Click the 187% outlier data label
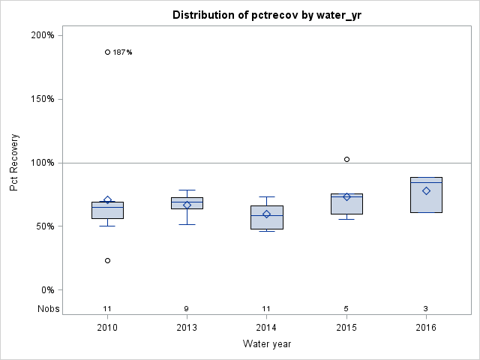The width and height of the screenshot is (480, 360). click(x=122, y=52)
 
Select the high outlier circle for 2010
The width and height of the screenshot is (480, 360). click(x=107, y=52)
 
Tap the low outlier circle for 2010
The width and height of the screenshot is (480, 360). click(x=107, y=260)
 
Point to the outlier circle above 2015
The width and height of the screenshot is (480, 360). click(x=346, y=159)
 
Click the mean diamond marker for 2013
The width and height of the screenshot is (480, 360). click(x=187, y=205)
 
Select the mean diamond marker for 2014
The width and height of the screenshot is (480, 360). click(x=266, y=214)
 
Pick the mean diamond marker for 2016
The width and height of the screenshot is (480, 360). click(x=426, y=190)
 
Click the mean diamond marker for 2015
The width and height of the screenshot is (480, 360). click(x=346, y=196)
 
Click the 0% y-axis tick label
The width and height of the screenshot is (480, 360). click(x=46, y=290)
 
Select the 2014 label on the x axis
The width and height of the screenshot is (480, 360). click(x=266, y=328)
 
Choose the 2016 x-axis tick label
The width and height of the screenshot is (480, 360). click(x=426, y=328)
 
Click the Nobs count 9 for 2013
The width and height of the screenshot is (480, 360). click(x=187, y=308)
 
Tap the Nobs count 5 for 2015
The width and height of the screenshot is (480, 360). click(x=346, y=308)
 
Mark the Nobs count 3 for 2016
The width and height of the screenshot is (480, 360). click(x=426, y=308)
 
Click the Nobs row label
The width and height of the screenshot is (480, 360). click(x=46, y=308)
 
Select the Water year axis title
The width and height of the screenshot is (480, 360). click(x=266, y=344)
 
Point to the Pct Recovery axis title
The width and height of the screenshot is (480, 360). click(x=14, y=163)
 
